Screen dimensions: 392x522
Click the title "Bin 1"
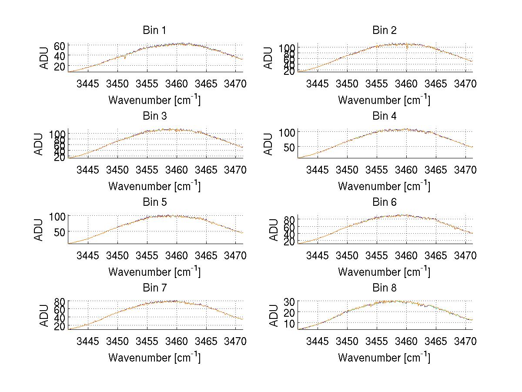click(x=154, y=30)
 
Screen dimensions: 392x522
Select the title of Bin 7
click(x=154, y=288)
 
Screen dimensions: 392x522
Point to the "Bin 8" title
click(x=385, y=288)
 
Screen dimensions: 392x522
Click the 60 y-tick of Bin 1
click(x=60, y=46)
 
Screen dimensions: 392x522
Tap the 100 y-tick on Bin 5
click(x=58, y=216)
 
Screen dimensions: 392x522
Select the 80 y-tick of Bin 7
click(x=60, y=301)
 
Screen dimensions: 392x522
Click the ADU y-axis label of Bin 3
click(x=39, y=144)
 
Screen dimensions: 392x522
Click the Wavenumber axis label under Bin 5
click(x=154, y=272)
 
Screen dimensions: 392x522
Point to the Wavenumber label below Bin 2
click(x=384, y=100)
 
